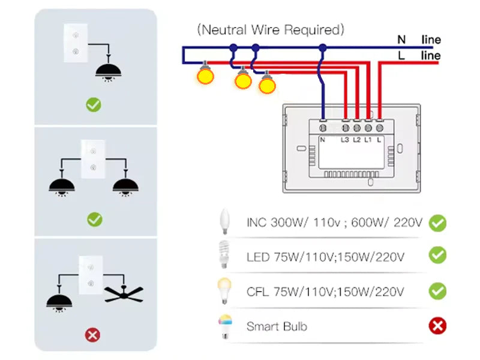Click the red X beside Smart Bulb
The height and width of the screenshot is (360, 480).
[x=437, y=326]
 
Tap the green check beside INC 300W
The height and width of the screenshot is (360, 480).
[x=437, y=224]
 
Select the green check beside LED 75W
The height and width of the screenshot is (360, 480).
[x=437, y=256]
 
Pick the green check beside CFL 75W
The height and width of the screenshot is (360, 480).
[x=437, y=292]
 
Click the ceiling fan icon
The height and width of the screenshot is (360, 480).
[x=125, y=293]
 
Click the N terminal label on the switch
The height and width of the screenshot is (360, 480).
[x=322, y=140]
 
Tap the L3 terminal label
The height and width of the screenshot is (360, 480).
[x=345, y=140]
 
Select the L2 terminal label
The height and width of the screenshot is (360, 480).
[x=356, y=140]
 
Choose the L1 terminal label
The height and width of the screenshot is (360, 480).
[x=368, y=140]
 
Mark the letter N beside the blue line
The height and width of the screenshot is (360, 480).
[x=401, y=40]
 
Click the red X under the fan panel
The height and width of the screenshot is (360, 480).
[x=92, y=335]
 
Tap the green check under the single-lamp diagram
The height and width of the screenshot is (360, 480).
[x=93, y=105]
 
